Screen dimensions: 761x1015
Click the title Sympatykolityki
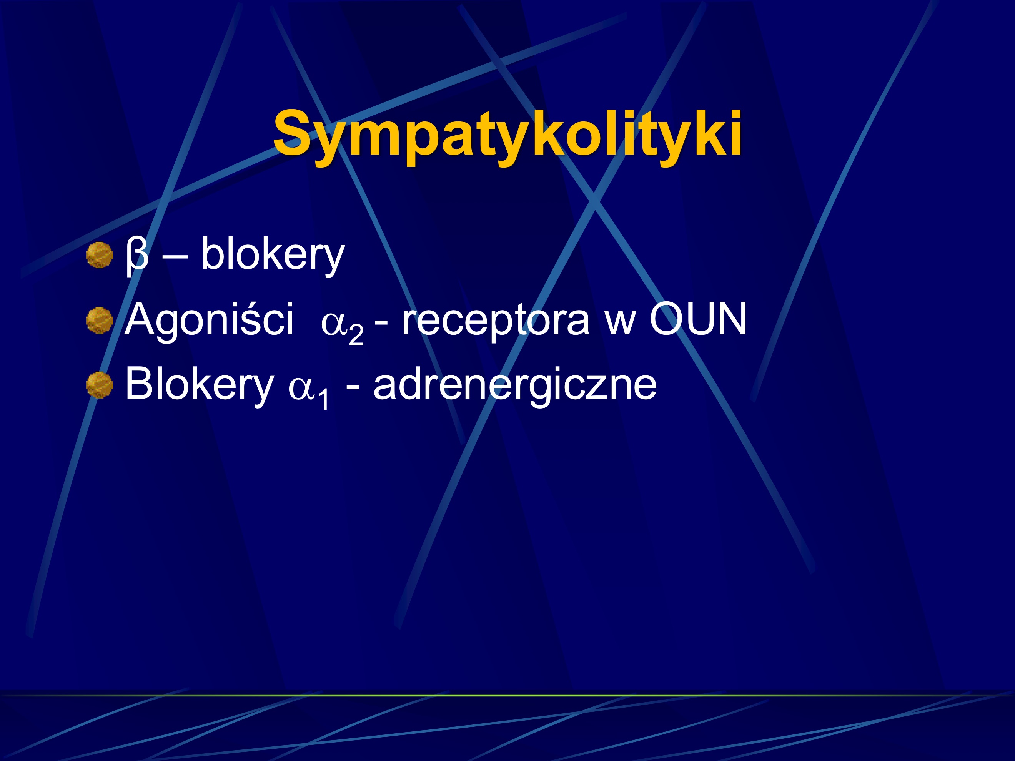coord(507,134)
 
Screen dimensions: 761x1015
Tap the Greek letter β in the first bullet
coord(137,255)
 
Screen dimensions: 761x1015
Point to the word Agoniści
coord(209,320)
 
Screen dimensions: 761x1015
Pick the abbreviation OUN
coord(698,319)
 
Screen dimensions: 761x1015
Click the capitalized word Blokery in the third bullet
coord(199,384)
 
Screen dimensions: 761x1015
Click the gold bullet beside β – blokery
coord(100,255)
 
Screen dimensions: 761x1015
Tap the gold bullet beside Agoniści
coord(100,320)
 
